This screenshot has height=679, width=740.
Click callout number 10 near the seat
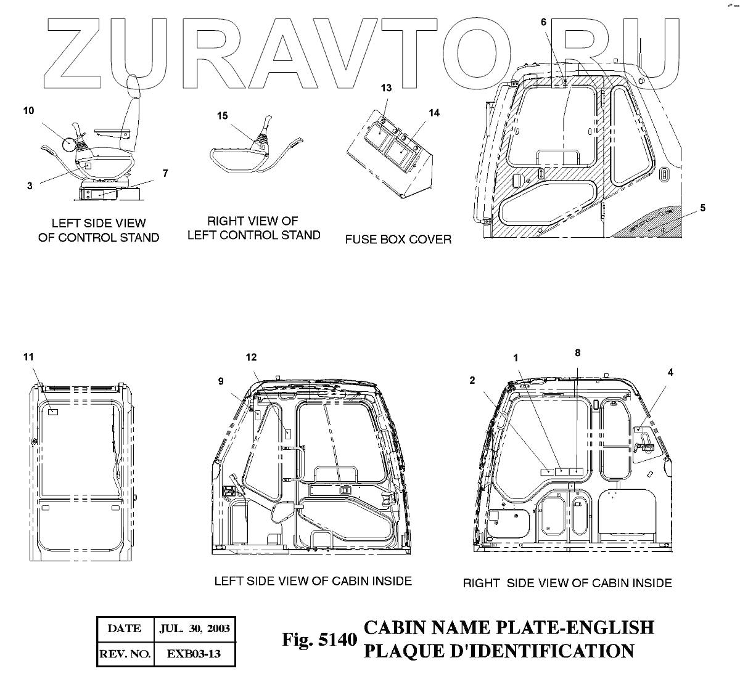(28, 110)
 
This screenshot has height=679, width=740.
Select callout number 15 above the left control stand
(222, 115)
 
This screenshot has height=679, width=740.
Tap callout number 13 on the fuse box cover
(386, 88)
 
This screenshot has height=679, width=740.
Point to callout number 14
(434, 113)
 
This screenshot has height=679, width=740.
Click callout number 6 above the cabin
(544, 22)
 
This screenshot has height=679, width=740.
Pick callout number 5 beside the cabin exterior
(703, 208)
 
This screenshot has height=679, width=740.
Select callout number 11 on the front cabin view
(28, 357)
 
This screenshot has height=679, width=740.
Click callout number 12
(250, 357)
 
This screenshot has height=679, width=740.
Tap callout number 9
(221, 381)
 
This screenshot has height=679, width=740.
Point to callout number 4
(671, 372)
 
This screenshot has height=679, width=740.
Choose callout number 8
(577, 352)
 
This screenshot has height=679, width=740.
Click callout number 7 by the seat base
(165, 173)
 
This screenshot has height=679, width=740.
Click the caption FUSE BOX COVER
(398, 239)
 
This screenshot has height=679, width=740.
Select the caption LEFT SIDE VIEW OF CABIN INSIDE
(313, 580)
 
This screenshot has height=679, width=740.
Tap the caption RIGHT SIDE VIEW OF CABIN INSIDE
(567, 582)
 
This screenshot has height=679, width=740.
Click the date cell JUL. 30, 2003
(194, 628)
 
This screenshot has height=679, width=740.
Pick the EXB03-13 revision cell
(194, 654)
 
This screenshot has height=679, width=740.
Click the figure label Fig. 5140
(319, 640)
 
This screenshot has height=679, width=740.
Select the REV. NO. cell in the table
(124, 654)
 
